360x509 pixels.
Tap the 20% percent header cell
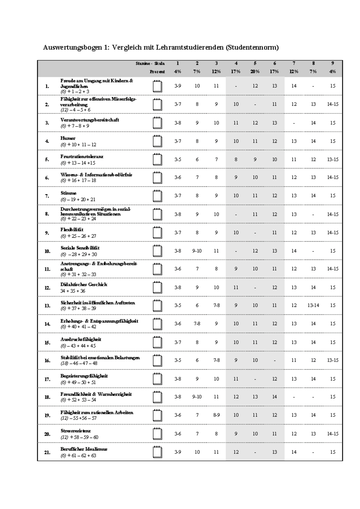255,72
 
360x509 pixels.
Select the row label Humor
68,138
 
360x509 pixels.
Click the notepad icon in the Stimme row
157,196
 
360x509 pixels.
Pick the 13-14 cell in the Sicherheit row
313,305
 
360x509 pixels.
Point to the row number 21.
47,452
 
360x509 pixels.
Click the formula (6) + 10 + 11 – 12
78,144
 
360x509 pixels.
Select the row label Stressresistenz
75,431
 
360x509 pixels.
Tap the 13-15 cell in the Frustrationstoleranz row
333,159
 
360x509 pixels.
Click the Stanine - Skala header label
150,64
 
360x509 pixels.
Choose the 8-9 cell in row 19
216,415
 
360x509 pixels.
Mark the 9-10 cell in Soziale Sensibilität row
197,251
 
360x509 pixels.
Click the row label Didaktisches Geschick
84,284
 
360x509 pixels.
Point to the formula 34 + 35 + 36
73,291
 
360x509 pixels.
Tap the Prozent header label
157,72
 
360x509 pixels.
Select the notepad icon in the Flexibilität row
157,233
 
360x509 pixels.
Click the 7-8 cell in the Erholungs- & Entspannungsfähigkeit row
197,324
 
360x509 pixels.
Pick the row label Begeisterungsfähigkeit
84,376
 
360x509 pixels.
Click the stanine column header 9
332,63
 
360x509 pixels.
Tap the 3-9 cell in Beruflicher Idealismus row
178,452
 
